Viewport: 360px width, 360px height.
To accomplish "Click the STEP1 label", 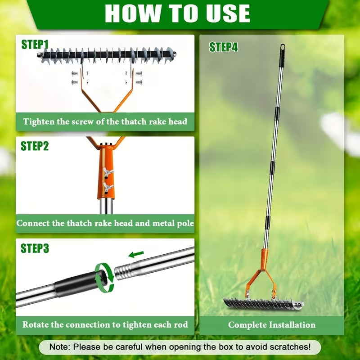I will point(35,45).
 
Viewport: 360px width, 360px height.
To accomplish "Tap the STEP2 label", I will point(35,146).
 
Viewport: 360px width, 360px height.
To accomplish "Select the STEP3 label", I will point(35,248).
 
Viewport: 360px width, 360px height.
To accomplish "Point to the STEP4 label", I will point(224,47).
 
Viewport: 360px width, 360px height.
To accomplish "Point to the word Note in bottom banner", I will point(61,347).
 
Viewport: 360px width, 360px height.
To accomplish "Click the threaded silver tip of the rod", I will point(123,271).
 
